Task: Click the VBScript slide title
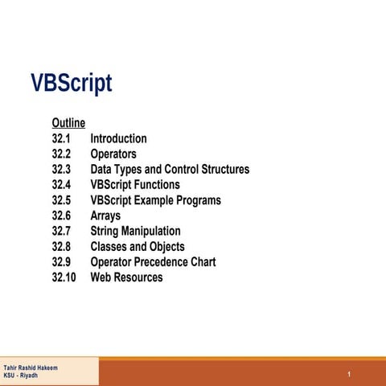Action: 71,84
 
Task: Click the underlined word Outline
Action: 68,123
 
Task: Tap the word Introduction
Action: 118,138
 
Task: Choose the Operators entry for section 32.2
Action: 113,154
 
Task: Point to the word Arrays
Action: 106,216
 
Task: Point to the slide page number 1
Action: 351,376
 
